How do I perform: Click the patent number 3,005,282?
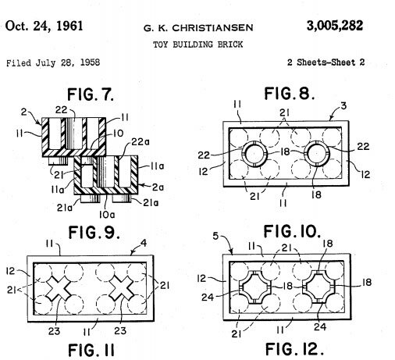[x=335, y=26]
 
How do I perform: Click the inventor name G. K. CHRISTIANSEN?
[x=198, y=27]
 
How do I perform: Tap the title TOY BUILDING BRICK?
[x=197, y=45]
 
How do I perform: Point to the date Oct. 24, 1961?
[x=44, y=26]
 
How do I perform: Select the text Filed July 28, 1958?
[x=53, y=62]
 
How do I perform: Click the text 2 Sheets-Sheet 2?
[x=326, y=62]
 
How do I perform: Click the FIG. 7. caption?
[x=91, y=94]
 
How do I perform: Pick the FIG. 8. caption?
[x=290, y=94]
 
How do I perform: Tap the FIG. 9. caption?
[x=94, y=232]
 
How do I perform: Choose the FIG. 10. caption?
[x=292, y=231]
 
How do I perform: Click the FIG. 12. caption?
[x=294, y=349]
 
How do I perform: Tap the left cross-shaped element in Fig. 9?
[x=59, y=288]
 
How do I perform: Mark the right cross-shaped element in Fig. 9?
[x=122, y=288]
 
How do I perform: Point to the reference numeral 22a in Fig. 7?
[x=141, y=142]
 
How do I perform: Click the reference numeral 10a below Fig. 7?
[x=107, y=215]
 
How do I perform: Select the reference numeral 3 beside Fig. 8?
[x=343, y=106]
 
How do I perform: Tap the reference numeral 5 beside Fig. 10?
[x=215, y=236]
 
